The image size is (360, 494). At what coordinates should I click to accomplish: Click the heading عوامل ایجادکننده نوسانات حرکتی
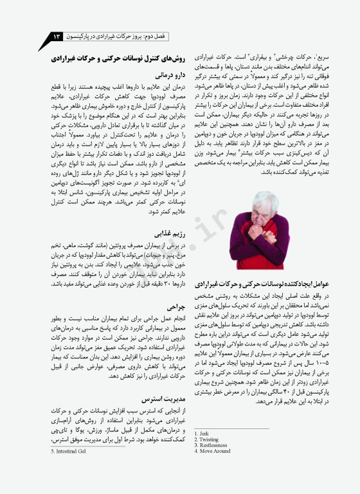click(260, 284)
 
